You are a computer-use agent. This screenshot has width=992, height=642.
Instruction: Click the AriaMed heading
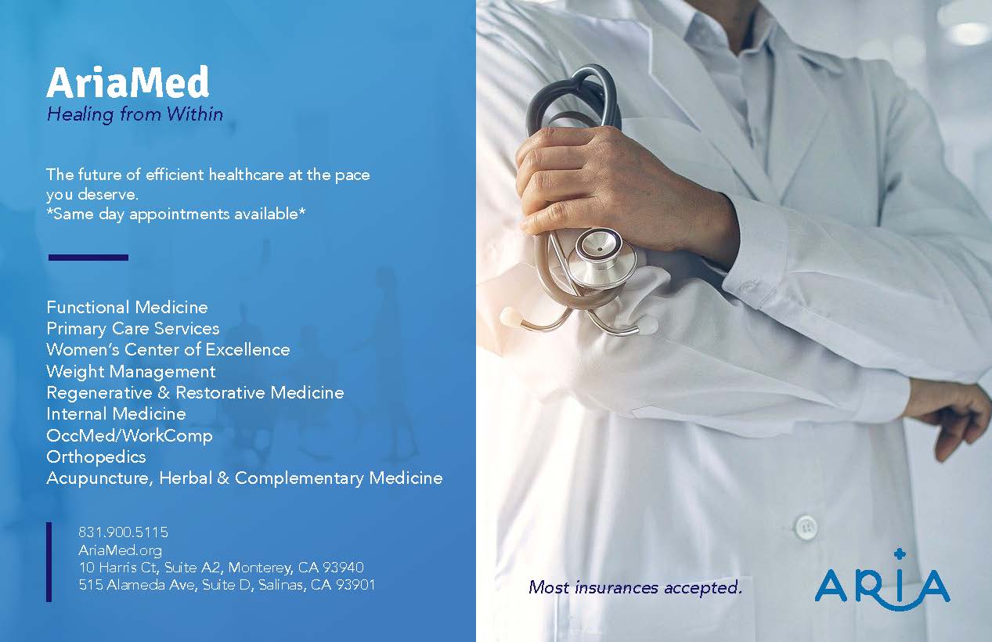(x=128, y=82)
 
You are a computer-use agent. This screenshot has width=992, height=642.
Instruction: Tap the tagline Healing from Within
(x=135, y=114)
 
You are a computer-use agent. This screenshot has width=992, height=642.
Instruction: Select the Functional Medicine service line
(x=127, y=307)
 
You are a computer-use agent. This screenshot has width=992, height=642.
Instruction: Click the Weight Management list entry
(x=131, y=371)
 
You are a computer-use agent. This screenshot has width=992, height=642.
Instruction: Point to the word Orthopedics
(x=96, y=457)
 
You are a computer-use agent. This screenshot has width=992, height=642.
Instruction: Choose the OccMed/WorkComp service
(x=129, y=435)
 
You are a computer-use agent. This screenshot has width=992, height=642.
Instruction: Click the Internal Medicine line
(x=116, y=414)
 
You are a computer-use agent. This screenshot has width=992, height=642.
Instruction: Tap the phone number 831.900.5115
(x=124, y=532)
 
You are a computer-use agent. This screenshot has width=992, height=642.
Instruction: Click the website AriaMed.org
(x=120, y=550)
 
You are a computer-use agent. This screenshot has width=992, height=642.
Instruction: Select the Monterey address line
(x=222, y=567)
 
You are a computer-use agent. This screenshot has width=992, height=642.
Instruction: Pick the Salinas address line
(x=227, y=585)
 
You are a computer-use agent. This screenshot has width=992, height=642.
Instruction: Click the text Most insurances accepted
(x=635, y=587)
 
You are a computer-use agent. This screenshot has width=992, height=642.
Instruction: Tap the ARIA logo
(x=882, y=581)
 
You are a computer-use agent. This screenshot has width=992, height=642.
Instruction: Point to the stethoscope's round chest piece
(x=598, y=257)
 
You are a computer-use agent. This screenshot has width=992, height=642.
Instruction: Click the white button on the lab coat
(x=806, y=528)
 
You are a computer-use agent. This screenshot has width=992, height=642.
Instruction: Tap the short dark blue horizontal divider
(x=88, y=258)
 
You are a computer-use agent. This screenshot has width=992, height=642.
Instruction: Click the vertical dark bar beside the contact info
(x=49, y=562)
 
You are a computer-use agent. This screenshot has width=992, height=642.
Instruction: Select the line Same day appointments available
(x=176, y=215)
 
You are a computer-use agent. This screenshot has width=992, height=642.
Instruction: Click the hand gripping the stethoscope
(x=620, y=186)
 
